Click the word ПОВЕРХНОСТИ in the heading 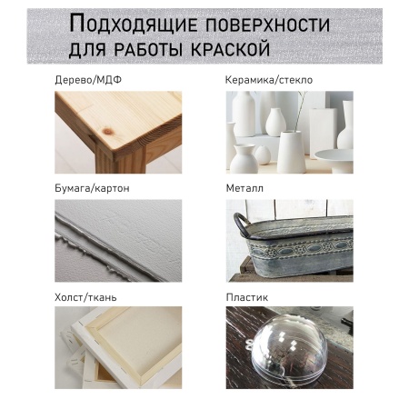pyautogui.click(x=267, y=25)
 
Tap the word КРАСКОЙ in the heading pyautogui.click(x=230, y=49)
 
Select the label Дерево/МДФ pyautogui.click(x=88, y=80)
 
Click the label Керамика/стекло pyautogui.click(x=269, y=80)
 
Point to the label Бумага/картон pyautogui.click(x=92, y=188)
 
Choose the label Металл pyautogui.click(x=244, y=188)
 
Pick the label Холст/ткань pyautogui.click(x=85, y=297)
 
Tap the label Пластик pyautogui.click(x=247, y=297)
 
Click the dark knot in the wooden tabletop pyautogui.click(x=108, y=131)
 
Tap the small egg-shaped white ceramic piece pyautogui.click(x=263, y=155)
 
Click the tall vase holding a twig pyautogui.click(x=291, y=152)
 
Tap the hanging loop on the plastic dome pyautogui.click(x=249, y=344)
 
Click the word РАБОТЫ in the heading pyautogui.click(x=149, y=49)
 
